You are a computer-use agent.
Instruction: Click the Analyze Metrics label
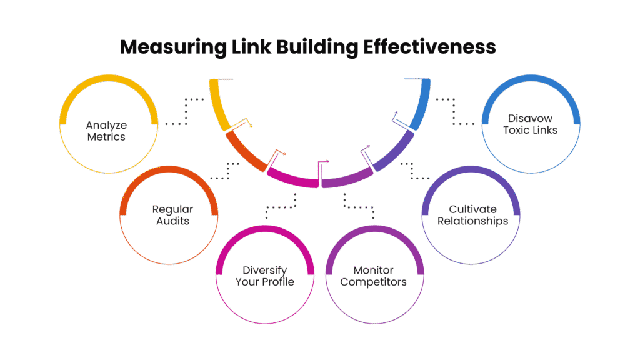point(106,131)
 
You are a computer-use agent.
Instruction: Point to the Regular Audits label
point(172,215)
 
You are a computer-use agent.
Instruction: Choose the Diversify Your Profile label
point(264,276)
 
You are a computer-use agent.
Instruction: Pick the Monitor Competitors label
point(373,276)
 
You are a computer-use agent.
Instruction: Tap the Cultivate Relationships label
point(472,215)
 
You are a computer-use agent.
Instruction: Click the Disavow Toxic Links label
point(532,124)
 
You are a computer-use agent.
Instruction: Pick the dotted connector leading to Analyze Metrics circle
point(186,112)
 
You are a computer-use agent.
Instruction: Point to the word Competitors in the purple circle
point(373,282)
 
